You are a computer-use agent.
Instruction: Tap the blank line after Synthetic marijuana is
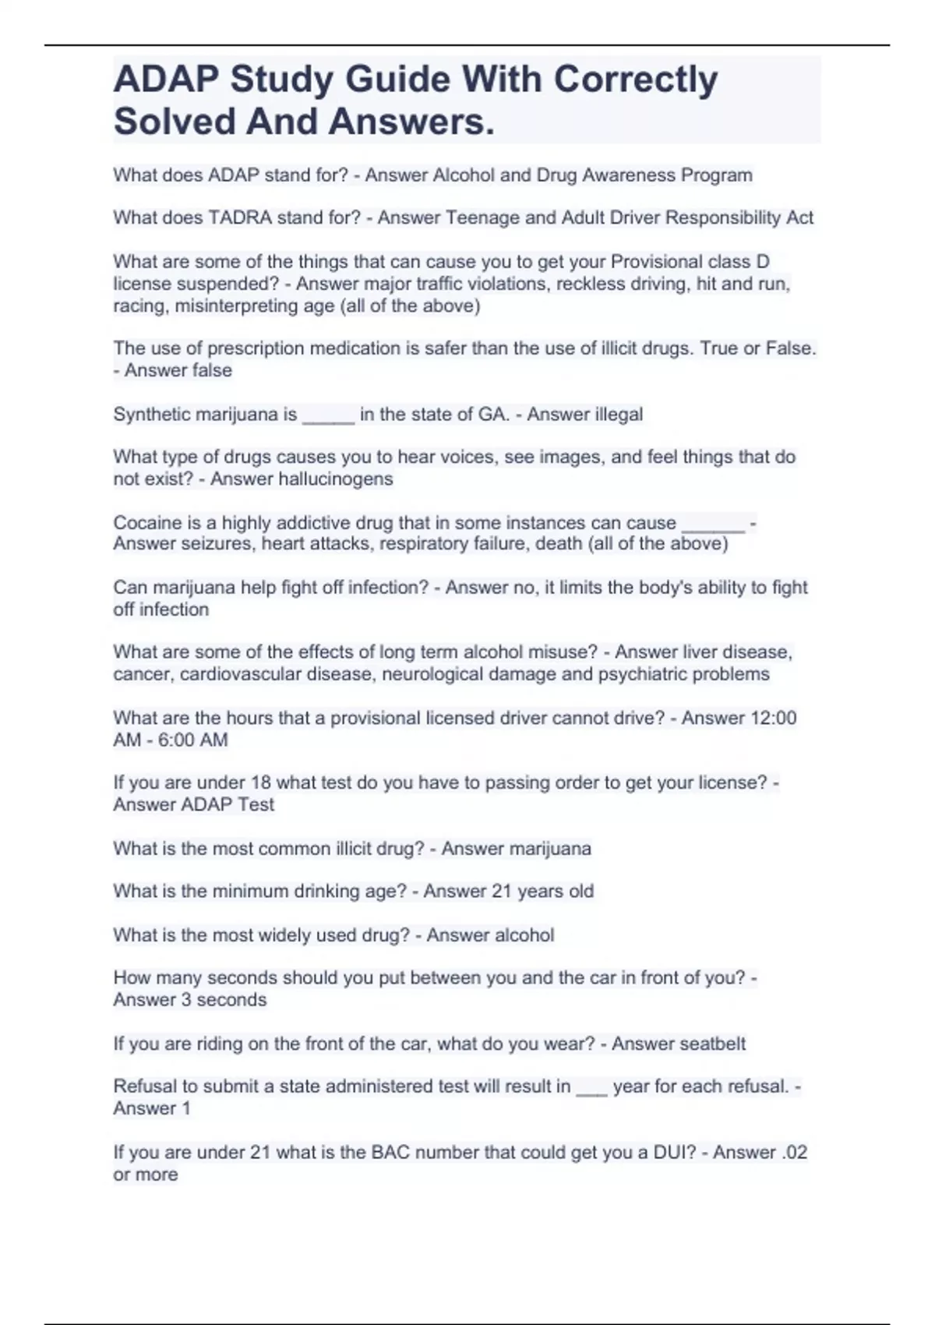point(328,415)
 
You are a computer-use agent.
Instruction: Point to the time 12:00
point(773,718)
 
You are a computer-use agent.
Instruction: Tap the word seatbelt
point(711,1044)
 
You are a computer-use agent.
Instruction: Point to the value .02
point(794,1152)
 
